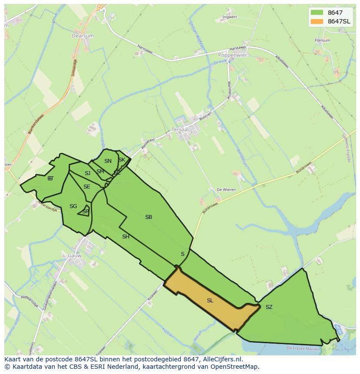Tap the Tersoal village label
181,129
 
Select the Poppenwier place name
232,56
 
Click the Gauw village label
74,256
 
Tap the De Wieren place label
226,190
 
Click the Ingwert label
230,17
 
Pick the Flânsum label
322,40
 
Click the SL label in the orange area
210,301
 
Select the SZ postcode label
269,307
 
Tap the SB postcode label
149,217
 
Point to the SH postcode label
126,237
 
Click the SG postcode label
73,206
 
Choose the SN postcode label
108,161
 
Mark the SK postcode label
122,160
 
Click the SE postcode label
87,187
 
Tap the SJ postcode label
87,173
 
